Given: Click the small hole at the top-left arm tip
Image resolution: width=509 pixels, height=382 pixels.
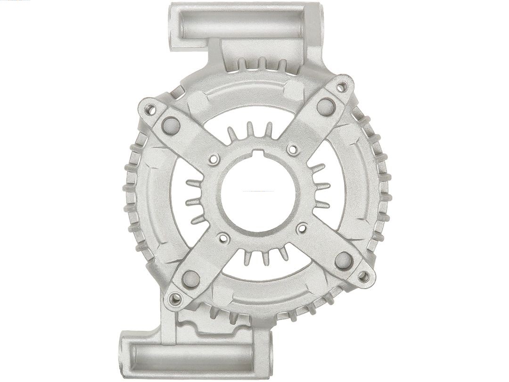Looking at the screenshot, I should point(150,110).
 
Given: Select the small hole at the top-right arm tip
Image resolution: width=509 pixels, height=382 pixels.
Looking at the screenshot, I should point(342,87).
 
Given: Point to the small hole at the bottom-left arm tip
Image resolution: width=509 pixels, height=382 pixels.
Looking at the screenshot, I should point(175,298).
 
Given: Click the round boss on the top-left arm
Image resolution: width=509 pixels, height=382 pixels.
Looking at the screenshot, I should point(170,125).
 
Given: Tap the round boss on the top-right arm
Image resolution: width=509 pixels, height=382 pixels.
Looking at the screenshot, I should point(325,106).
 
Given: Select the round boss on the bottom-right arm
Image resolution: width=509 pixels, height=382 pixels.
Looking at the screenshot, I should point(344,260).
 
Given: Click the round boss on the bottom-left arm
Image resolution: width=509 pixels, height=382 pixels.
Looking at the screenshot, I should point(191,279).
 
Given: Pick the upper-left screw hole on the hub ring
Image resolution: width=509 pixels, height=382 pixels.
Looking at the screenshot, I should point(213,159).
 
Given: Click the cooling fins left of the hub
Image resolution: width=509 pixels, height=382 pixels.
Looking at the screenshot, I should point(197,200).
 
